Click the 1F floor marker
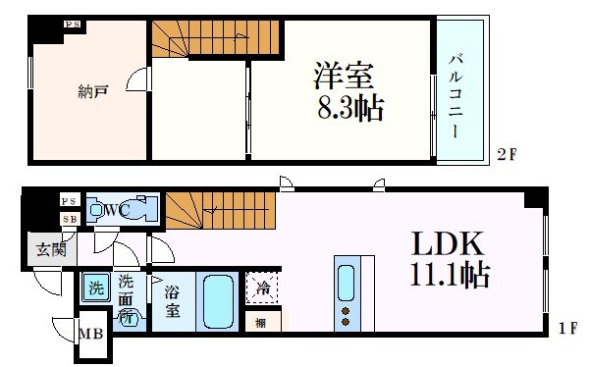click(566, 327)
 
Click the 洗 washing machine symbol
click(96, 288)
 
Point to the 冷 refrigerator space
click(261, 288)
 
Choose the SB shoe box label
click(68, 218)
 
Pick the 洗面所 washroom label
click(128, 297)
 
